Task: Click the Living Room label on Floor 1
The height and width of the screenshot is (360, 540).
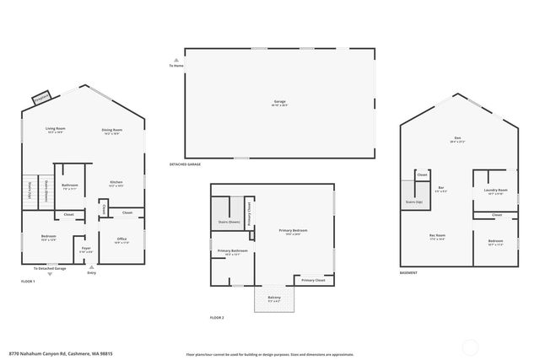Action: coord(56,129)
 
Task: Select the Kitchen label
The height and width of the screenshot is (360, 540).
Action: coord(116,182)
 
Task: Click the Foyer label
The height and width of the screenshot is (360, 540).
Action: coord(86,249)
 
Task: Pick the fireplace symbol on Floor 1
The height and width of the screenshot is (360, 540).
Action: coord(40,98)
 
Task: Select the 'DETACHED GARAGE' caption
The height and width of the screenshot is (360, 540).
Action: coord(185,164)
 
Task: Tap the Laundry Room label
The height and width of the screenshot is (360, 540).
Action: coord(495,191)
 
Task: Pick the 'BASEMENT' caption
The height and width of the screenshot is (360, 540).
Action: coord(409,273)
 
